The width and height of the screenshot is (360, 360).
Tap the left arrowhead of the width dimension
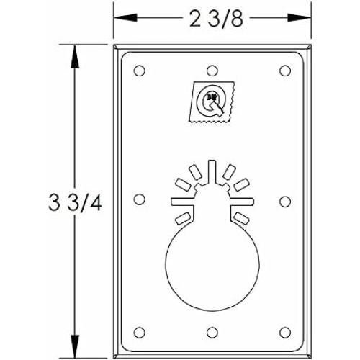120,19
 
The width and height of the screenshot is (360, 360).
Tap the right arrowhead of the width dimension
305,19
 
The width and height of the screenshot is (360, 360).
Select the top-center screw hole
212,71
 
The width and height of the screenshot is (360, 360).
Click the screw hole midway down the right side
284,199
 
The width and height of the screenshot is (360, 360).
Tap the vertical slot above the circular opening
212,173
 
